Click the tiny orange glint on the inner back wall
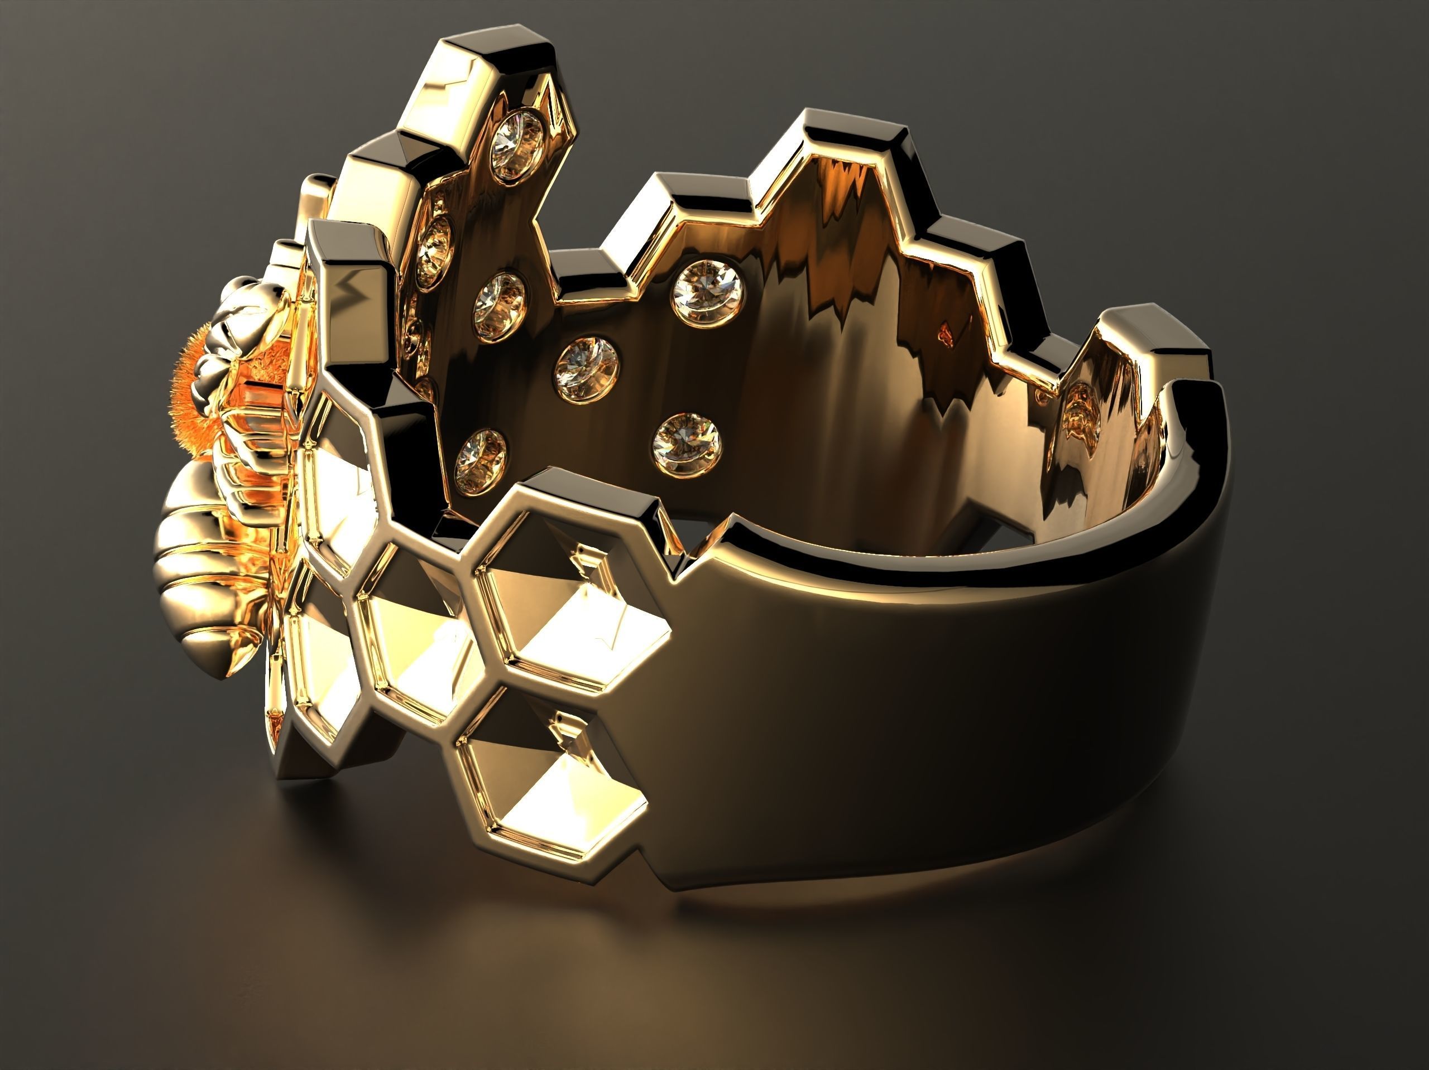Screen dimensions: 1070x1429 pyautogui.click(x=945, y=332)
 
